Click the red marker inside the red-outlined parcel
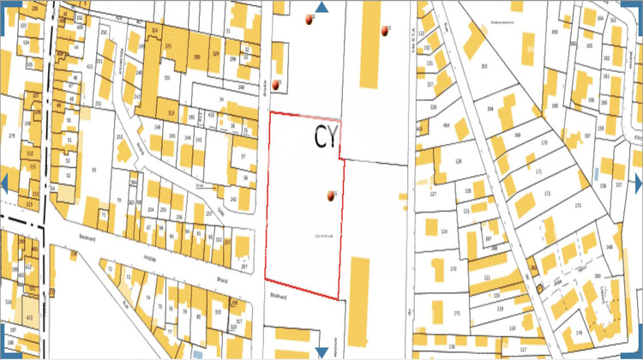330,196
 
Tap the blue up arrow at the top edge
321,8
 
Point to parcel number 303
484,65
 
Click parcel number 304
490,110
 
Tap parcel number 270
454,269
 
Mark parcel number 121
488,279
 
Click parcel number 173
577,207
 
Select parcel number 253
119,137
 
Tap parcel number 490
554,33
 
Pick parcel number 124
444,231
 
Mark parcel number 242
233,199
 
